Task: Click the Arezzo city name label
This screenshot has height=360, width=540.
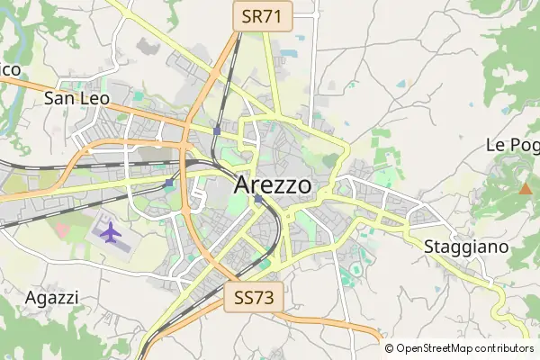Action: click(x=274, y=184)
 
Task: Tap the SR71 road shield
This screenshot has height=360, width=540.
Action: click(x=262, y=15)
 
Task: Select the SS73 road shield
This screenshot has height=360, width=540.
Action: click(x=254, y=297)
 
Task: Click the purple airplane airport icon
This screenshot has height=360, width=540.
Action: click(x=110, y=232)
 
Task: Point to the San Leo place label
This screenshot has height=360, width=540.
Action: click(x=77, y=98)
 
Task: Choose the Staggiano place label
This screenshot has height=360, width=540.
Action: click(x=465, y=246)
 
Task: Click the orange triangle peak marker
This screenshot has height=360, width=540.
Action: click(x=525, y=188)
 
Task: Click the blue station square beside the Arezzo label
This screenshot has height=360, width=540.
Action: click(x=258, y=199)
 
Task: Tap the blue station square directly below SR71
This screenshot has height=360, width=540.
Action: click(x=217, y=130)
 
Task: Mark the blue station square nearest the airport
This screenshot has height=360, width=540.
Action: click(x=169, y=183)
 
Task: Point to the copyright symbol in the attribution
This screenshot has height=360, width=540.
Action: click(x=389, y=348)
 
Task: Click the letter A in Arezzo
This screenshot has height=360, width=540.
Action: click(x=241, y=184)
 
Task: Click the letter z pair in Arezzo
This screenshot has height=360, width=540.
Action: click(x=283, y=184)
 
